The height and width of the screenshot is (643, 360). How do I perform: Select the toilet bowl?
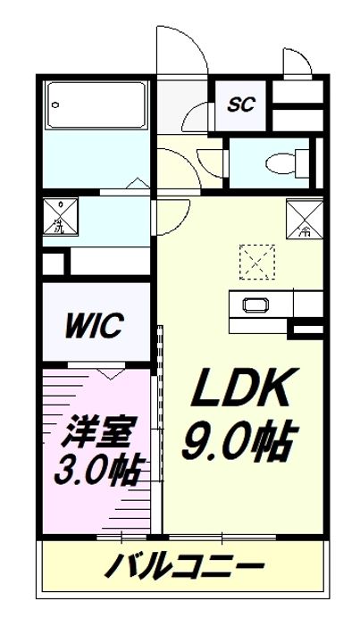(284, 163)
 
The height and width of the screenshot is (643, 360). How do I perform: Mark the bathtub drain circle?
(54, 104)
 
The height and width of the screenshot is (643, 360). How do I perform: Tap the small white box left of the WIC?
(54, 265)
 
